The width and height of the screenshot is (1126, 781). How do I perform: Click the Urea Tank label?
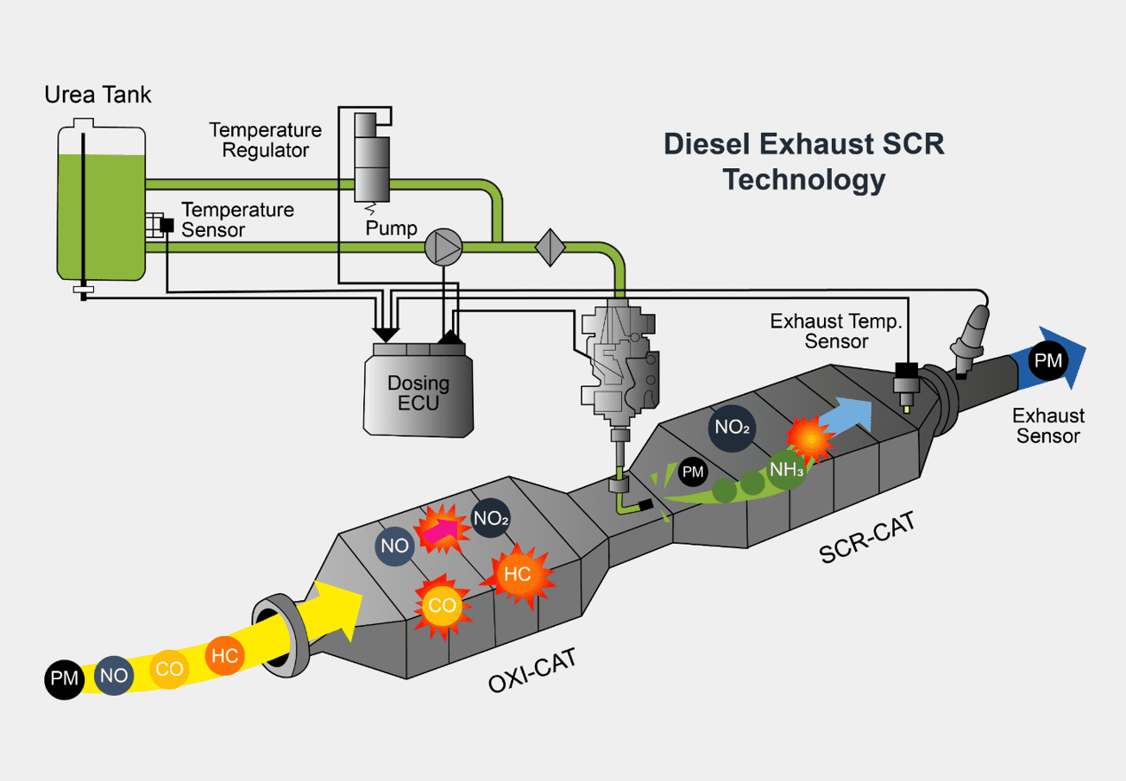(x=98, y=95)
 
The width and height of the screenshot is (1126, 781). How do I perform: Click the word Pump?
(x=391, y=229)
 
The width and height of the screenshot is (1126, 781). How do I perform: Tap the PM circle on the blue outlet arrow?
(x=1048, y=360)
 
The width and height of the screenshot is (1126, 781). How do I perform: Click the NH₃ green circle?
(x=788, y=471)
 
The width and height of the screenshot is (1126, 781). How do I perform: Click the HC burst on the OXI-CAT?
(x=517, y=574)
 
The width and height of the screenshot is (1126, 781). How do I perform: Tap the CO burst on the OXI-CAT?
(x=442, y=606)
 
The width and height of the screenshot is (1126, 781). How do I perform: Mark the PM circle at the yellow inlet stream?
(x=64, y=678)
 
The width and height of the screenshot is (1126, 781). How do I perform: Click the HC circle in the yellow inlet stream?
(x=224, y=656)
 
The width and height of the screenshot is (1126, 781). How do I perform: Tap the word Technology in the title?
(x=803, y=180)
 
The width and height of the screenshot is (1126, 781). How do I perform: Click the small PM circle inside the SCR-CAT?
(x=693, y=471)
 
